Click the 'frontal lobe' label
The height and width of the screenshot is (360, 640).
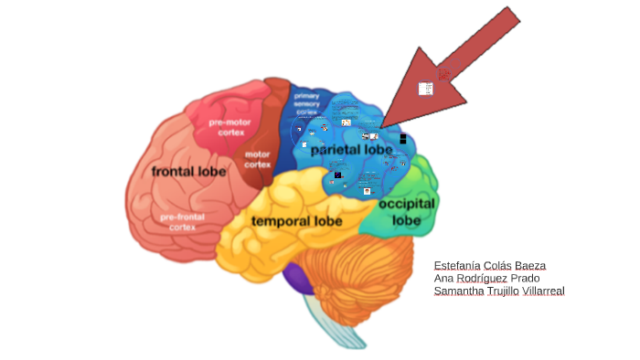pos(188,171)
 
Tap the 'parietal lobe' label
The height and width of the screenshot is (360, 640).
pos(350,148)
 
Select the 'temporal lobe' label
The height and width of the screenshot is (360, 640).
pos(296,221)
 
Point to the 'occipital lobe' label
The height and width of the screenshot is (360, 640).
pos(407,211)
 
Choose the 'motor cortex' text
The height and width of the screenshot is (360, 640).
pos(258,159)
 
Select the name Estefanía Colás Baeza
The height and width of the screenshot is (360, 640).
pos(489,265)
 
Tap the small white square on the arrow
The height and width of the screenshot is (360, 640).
pos(425,89)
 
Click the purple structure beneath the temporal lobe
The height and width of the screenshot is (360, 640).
pos(296,275)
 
